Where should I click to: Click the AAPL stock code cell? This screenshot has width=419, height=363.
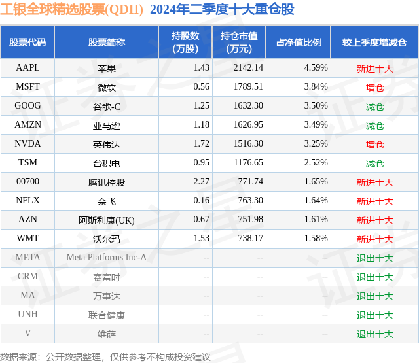click(27, 68)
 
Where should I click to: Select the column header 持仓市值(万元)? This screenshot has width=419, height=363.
click(238, 43)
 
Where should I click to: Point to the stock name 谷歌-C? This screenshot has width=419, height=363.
click(107, 106)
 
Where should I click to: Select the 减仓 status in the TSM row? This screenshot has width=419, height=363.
click(374, 163)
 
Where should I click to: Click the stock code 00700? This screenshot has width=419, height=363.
click(27, 182)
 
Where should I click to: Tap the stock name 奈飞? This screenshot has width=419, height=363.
click(107, 201)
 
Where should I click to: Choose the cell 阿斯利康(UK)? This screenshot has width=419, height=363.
click(107, 220)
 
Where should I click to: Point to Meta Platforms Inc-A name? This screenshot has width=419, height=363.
click(107, 258)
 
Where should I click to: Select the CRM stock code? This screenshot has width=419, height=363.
click(27, 277)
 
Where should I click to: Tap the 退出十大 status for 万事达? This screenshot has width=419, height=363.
click(374, 296)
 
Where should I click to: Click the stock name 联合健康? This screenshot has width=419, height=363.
click(107, 315)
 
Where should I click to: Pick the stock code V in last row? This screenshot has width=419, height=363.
click(27, 334)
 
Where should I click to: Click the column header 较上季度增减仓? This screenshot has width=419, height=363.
click(374, 43)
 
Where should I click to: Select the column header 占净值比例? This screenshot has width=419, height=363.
click(299, 43)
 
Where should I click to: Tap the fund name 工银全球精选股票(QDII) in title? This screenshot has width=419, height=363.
click(72, 10)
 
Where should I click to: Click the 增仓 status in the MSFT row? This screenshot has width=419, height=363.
click(374, 87)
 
